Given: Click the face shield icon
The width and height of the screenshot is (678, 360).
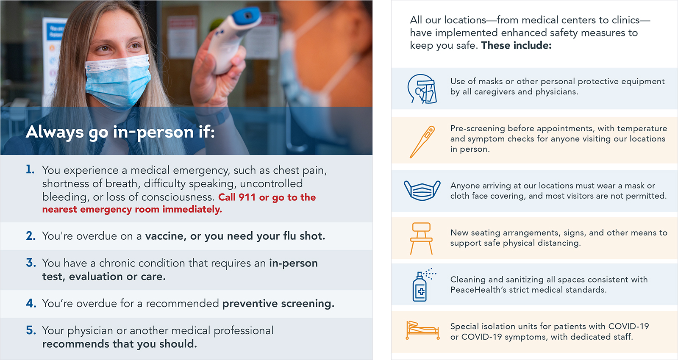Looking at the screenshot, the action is pyautogui.click(x=422, y=89).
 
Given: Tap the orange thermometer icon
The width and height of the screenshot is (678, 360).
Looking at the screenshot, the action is pyautogui.click(x=422, y=142).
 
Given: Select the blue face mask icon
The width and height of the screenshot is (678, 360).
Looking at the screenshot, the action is pyautogui.click(x=422, y=190).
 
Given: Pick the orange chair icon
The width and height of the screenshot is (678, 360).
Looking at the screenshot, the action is pyautogui.click(x=421, y=238).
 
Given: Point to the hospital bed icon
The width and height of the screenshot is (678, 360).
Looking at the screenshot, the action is pyautogui.click(x=422, y=330).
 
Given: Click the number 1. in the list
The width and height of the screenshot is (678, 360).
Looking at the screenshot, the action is pyautogui.click(x=30, y=169).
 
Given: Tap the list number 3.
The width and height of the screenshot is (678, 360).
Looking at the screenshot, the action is pyautogui.click(x=31, y=263).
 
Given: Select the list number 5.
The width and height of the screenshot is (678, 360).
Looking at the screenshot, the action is pyautogui.click(x=31, y=330).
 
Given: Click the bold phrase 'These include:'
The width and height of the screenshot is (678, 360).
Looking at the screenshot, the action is pyautogui.click(x=517, y=45).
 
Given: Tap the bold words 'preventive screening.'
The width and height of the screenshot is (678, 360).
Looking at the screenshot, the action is pyautogui.click(x=278, y=303).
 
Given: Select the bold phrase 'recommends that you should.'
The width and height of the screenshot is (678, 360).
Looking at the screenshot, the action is pyautogui.click(x=119, y=344).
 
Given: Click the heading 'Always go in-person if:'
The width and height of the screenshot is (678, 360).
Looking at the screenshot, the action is pyautogui.click(x=120, y=132).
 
